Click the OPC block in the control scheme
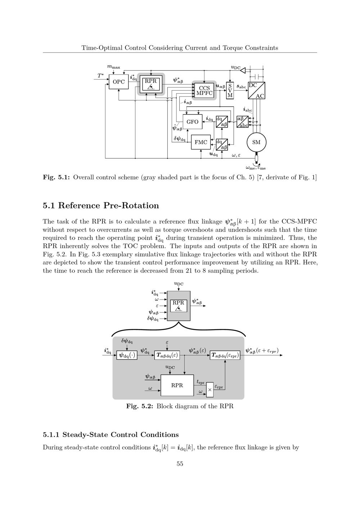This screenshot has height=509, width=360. pyautogui.click(x=118, y=82)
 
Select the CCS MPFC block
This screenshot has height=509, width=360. pyautogui.click(x=204, y=90)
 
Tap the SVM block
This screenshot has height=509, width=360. pyautogui.click(x=230, y=90)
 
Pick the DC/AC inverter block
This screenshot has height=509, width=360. pyautogui.click(x=256, y=91)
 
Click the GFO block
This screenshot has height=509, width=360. pyautogui.click(x=193, y=122)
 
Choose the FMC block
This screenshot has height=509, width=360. pyautogui.click(x=201, y=142)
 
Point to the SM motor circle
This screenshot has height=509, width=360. pyautogui.click(x=256, y=142)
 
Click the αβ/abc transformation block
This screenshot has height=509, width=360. pyautogui.click(x=243, y=122)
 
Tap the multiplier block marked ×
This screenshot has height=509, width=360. pyautogui.click(x=210, y=390)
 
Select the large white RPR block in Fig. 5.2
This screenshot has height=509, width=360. pyautogui.click(x=177, y=385)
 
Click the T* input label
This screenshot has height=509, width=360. pyautogui.click(x=100, y=76)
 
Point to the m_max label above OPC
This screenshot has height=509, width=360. pyautogui.click(x=114, y=67)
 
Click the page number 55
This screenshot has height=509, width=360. pyautogui.click(x=180, y=464)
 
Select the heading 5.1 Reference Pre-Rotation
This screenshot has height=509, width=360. pyautogui.click(x=101, y=206)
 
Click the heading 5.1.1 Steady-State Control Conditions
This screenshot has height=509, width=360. pyautogui.click(x=111, y=434)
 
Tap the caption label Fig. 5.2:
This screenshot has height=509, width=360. pyautogui.click(x=140, y=406)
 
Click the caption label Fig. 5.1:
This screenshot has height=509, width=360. pyautogui.click(x=57, y=177)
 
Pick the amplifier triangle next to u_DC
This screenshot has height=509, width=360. pyautogui.click(x=243, y=70)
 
